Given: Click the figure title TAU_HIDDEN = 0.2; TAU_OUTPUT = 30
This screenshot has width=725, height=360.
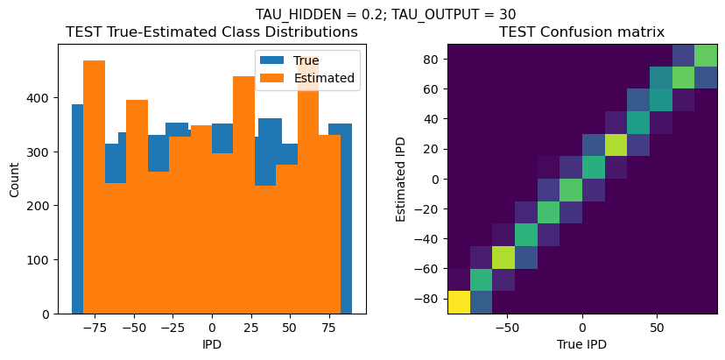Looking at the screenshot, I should coord(385,14).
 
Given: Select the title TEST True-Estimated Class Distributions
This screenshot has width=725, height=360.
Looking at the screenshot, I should coord(212,32).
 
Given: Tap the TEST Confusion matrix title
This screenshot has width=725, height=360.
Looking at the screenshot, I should coord(581,32).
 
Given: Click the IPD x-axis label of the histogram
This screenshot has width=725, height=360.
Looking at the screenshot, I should coord(212,344).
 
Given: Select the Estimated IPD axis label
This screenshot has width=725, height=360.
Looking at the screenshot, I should coord(402,180).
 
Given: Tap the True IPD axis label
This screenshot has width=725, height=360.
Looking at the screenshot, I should coord(581,344).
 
